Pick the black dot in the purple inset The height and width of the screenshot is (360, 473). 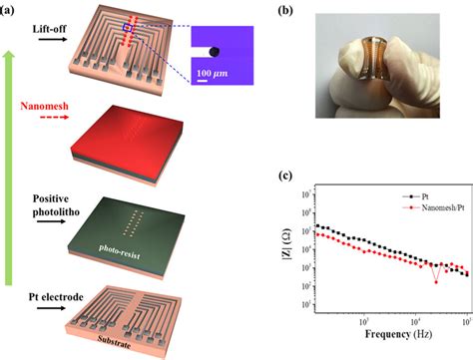[x=217, y=47]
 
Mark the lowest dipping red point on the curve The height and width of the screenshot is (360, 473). [x=435, y=281]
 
